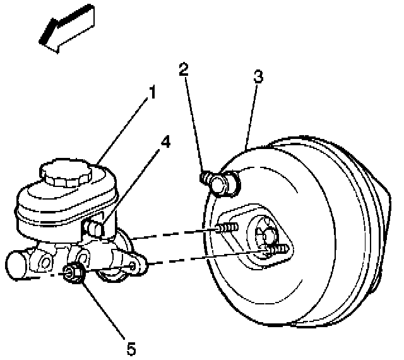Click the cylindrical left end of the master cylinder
(19, 264)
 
